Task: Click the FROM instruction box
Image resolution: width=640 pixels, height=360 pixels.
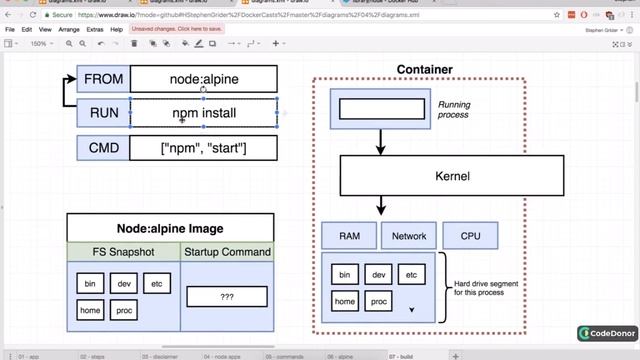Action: click(103, 79)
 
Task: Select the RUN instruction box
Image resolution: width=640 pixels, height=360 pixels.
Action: click(103, 114)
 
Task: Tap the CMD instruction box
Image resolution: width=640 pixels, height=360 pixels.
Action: click(103, 148)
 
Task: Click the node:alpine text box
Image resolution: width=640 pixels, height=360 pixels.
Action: click(203, 79)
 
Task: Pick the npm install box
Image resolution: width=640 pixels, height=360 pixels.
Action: click(203, 114)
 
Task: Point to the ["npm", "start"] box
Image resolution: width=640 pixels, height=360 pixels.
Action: click(203, 148)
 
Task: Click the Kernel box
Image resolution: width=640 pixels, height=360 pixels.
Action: click(452, 176)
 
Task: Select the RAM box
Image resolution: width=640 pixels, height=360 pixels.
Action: click(349, 236)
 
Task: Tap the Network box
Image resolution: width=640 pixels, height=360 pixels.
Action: click(408, 236)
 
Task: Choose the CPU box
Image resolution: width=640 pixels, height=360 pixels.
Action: click(470, 236)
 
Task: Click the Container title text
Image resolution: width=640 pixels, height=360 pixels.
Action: click(424, 69)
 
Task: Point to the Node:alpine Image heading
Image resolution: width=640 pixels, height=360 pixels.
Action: click(169, 228)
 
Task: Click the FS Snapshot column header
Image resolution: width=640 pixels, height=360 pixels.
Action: click(124, 252)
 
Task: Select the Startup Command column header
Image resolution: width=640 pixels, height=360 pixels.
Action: click(226, 252)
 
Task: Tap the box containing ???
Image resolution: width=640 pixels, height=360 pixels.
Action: click(226, 297)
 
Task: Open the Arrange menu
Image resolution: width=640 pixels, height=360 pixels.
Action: click(69, 30)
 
